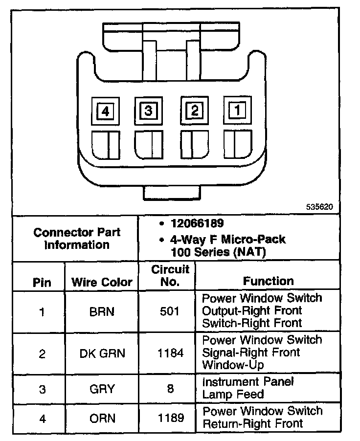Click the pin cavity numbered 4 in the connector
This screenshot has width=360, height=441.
tap(105, 111)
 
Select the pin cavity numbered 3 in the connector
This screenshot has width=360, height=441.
tap(147, 110)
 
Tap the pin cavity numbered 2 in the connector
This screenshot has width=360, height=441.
tap(195, 110)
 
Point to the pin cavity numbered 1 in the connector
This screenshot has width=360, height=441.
tap(237, 110)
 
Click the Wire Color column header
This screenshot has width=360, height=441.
tap(102, 282)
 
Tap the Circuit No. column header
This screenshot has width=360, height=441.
tap(170, 276)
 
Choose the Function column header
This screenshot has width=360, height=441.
tap(268, 281)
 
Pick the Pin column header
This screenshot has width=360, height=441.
tap(42, 283)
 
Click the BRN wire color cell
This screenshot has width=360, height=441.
tap(102, 311)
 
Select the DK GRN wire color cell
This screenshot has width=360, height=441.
tap(102, 353)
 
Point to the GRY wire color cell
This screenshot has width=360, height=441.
tap(102, 389)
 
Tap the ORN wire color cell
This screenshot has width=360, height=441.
tap(102, 418)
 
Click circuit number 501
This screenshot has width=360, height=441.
tap(170, 311)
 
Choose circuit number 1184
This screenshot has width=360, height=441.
tap(170, 353)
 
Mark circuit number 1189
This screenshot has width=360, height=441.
tap(170, 418)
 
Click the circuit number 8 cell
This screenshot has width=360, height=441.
tap(170, 389)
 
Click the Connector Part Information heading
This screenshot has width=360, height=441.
tap(77, 239)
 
